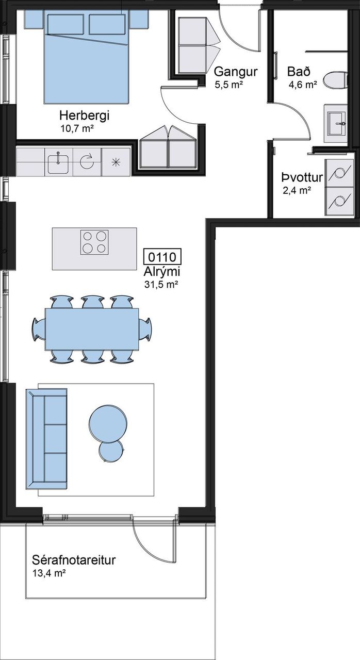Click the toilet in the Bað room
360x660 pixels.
(336, 79)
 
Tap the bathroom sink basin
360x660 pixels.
(337, 123)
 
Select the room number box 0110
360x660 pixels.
(162, 257)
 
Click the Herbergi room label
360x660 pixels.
(84, 115)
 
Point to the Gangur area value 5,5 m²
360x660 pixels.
(229, 85)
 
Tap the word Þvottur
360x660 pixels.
(302, 177)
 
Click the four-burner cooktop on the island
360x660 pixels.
(94, 242)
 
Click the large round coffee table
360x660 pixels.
(108, 424)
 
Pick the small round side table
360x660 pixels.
(111, 451)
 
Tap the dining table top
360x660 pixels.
(92, 329)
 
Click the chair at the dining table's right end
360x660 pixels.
(145, 329)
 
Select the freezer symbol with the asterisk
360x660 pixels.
(116, 162)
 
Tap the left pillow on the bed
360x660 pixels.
(65, 24)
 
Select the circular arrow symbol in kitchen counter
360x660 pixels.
(87, 162)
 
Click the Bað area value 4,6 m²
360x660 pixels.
(303, 85)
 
